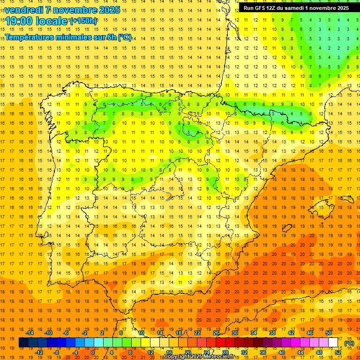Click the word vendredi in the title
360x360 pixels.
coord(24,10)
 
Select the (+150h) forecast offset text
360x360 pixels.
coord(83,21)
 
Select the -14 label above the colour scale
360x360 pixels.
coord(30,332)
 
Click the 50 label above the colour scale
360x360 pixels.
coord(328,332)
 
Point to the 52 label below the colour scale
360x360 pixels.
coord(337,352)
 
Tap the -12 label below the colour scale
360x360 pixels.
coord(39,352)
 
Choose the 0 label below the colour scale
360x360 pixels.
coord(93,352)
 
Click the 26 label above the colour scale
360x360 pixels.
coord(216,332)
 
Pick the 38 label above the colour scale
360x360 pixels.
coord(272,332)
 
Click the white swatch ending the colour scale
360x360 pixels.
coord(333,343)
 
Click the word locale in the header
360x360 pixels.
coord(51,21)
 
